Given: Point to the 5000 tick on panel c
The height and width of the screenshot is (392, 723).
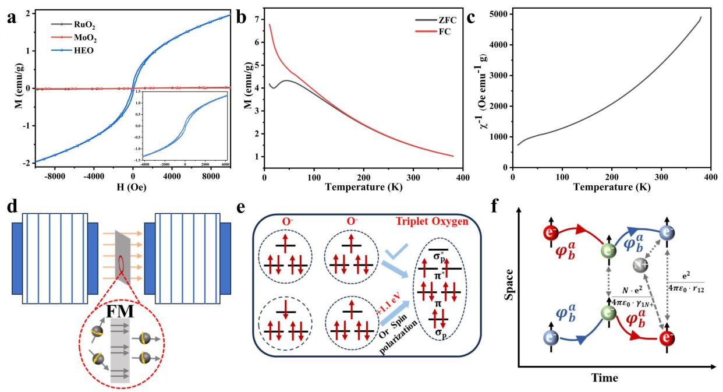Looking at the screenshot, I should [x=495, y=13].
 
